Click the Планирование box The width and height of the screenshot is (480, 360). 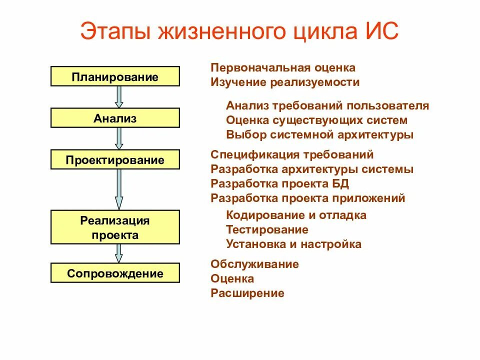pos(115,77)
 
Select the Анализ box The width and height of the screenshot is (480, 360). pos(115,118)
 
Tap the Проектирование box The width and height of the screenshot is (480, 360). pos(115,160)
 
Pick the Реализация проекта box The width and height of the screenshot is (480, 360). pos(115,227)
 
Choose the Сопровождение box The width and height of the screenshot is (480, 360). pos(115,273)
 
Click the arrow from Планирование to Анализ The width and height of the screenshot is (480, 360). pos(119,96)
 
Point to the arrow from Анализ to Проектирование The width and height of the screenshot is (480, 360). pos(119,138)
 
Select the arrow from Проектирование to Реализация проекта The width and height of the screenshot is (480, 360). pos(119,189)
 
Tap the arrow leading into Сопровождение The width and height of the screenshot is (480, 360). pos(119,253)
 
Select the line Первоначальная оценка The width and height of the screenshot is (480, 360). pos(283,67)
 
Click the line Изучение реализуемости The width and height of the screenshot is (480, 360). pos(285,82)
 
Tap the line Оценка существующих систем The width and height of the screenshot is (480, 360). pos(316,120)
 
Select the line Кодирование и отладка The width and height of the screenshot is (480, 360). pos(296,215)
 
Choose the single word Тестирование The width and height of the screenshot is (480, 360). pos(267,229)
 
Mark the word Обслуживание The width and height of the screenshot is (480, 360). pos(254,264)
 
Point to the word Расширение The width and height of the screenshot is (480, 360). pos(247,293)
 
